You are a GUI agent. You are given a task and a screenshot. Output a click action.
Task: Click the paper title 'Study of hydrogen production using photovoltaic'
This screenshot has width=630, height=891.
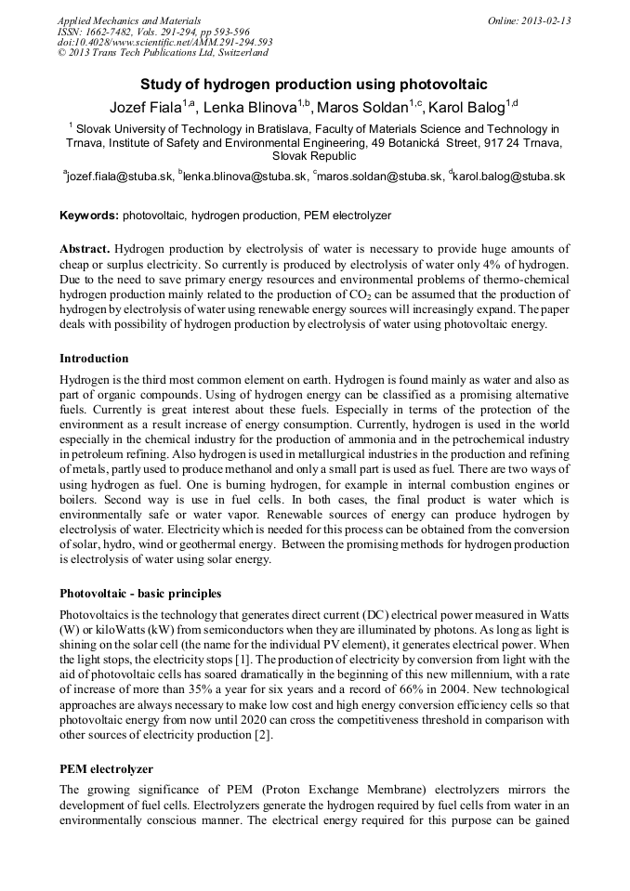point(314,84)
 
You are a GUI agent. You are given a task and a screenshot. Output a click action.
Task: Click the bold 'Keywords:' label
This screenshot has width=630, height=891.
point(89,216)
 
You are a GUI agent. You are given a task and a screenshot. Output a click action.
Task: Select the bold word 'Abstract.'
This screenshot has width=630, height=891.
point(85,250)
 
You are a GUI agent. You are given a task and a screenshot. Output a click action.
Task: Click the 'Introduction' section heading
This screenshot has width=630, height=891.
point(94,359)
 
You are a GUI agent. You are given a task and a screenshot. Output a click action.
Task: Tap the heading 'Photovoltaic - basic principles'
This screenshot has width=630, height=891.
point(140,593)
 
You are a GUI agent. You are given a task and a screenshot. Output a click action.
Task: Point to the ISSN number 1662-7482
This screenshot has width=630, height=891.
point(111,32)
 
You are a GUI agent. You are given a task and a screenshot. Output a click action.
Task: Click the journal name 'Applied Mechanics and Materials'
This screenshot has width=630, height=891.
point(128,20)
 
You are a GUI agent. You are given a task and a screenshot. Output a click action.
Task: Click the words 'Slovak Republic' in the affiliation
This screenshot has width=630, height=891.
point(314,156)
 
